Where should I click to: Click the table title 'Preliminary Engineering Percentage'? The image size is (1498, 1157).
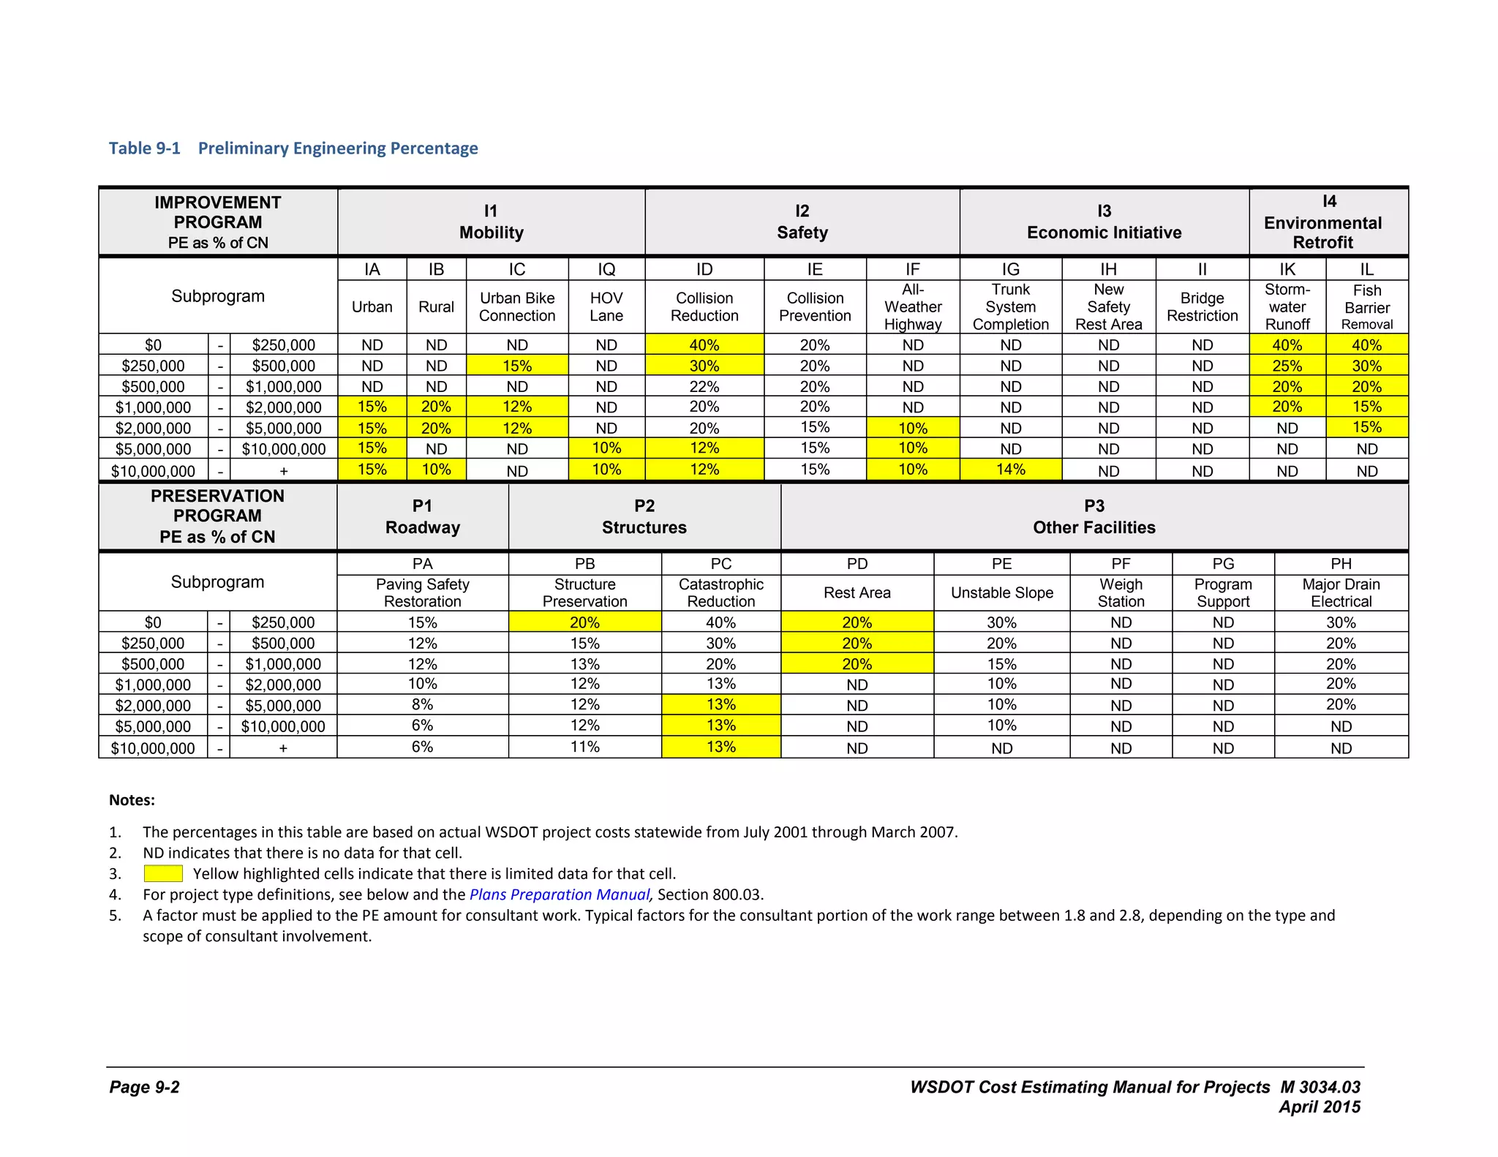click(x=338, y=148)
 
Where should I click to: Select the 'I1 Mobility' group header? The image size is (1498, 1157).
click(x=491, y=222)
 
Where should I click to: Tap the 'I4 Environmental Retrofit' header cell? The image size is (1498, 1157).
click(x=1328, y=222)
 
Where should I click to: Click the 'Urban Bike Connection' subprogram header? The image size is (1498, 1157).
click(x=517, y=307)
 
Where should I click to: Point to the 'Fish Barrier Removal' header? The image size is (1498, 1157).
click(x=1366, y=307)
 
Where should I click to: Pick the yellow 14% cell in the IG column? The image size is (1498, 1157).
click(x=1010, y=470)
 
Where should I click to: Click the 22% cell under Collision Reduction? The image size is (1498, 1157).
click(x=704, y=386)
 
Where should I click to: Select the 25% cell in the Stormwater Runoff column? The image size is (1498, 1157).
click(x=1287, y=366)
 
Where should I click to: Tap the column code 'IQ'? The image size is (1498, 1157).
click(x=606, y=269)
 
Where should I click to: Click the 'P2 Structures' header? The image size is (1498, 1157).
click(x=644, y=516)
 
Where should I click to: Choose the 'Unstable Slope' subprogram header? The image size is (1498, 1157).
click(x=1001, y=593)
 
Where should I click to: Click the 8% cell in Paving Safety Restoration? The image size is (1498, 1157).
click(x=422, y=705)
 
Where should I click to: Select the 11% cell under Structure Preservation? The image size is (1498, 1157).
click(x=584, y=747)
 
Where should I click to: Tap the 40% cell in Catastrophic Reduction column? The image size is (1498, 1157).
click(x=720, y=622)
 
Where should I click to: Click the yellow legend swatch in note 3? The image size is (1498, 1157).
click(x=163, y=873)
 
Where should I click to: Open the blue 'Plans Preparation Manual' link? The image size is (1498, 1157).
click(x=559, y=894)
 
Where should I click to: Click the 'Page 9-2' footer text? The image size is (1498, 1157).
click(x=145, y=1087)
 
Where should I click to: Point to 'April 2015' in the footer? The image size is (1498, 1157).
click(x=1319, y=1107)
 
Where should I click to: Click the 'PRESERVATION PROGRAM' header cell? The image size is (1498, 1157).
click(x=217, y=516)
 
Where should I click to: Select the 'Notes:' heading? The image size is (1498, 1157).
click(x=132, y=800)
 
